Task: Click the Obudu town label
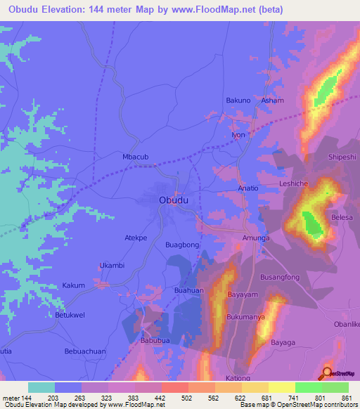click(174, 200)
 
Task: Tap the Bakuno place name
click(238, 100)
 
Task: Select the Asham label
click(273, 100)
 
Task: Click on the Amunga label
click(255, 239)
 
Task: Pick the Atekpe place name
click(136, 238)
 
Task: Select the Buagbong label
click(181, 245)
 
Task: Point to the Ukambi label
click(112, 265)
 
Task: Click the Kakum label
click(74, 285)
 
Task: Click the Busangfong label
click(281, 277)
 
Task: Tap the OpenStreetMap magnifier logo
click(328, 373)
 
